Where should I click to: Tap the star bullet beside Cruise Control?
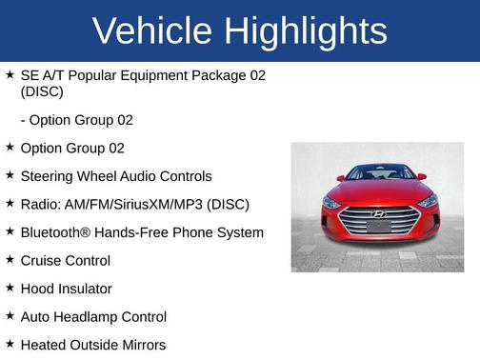coord(10,259)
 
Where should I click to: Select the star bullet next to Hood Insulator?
coord(10,288)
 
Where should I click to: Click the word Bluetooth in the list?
coord(55,232)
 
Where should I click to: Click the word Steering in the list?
coord(48,176)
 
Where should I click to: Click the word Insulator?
coord(85,289)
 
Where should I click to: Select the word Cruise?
coord(41,260)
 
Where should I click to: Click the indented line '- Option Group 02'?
coord(76,120)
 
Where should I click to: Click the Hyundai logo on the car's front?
coord(378,212)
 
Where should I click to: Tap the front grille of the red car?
coord(378,222)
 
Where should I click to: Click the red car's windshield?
coord(379,174)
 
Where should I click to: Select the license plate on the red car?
coord(378,228)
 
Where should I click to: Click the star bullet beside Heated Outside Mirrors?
coord(10,344)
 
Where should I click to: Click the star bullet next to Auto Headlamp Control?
coord(10,315)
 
